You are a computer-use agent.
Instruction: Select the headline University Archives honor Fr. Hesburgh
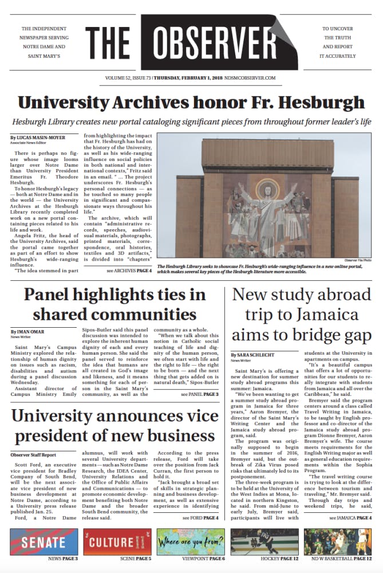(x=191, y=103)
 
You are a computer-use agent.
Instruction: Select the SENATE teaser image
(x=44, y=541)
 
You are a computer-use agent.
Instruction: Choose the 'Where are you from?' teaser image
(x=191, y=541)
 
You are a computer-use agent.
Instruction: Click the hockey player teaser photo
(x=264, y=541)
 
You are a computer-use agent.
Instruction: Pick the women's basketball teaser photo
(x=338, y=541)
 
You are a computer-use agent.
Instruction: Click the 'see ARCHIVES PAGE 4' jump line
(x=129, y=270)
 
